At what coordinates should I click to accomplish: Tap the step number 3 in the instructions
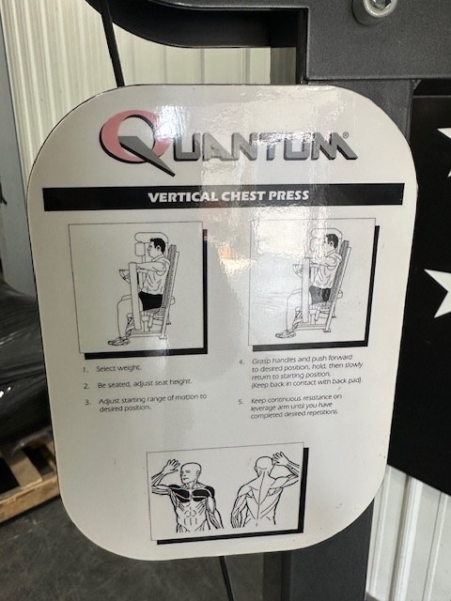(86, 401)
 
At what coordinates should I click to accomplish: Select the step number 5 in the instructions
(241, 400)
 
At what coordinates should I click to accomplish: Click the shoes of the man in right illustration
(286, 332)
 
